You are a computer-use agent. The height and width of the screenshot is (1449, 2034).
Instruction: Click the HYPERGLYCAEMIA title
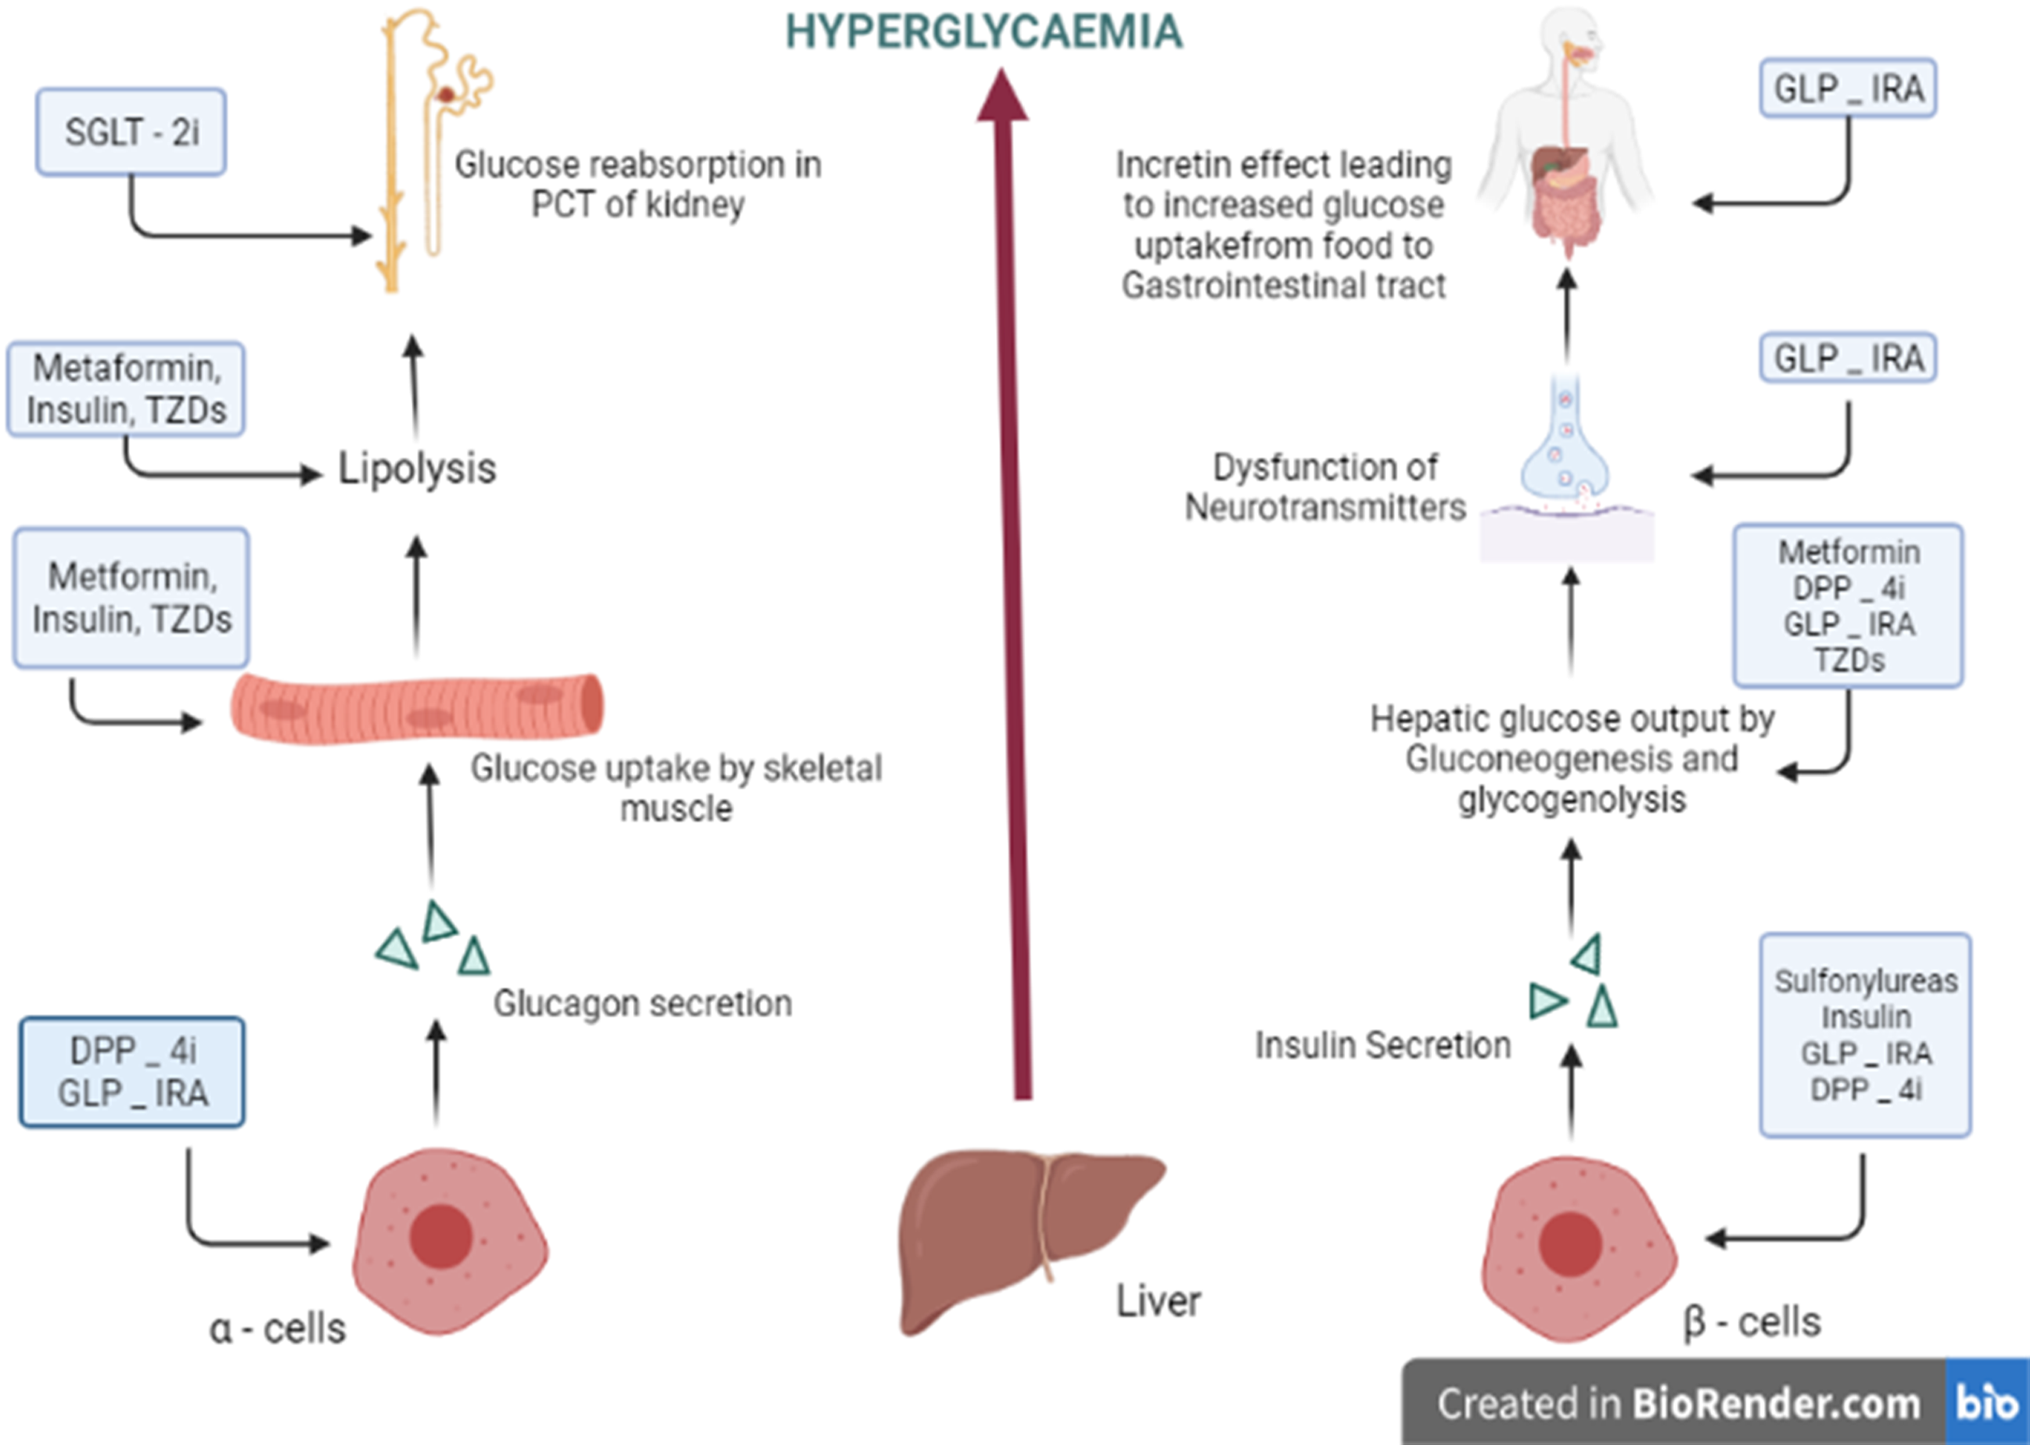tap(983, 32)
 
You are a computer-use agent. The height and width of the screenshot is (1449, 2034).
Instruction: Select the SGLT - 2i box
tap(131, 132)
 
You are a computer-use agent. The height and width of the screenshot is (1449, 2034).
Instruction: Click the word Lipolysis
tap(417, 469)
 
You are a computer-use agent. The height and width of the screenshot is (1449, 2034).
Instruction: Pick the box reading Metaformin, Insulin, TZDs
tap(126, 389)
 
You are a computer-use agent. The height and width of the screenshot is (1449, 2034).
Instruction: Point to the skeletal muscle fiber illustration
tap(417, 706)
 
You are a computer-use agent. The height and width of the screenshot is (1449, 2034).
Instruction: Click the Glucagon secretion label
tap(642, 1003)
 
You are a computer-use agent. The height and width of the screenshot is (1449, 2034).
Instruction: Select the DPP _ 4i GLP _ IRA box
tap(132, 1072)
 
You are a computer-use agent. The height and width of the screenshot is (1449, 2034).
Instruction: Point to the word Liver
tap(1158, 1301)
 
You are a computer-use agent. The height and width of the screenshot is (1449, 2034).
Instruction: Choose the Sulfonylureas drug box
tap(1864, 1035)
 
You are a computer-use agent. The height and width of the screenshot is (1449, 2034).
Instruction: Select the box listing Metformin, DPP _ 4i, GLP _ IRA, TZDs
tap(1848, 606)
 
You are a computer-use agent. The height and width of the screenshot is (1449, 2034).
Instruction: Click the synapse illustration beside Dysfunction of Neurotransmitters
tap(1566, 464)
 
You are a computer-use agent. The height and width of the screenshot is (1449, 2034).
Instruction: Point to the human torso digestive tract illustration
tap(1565, 134)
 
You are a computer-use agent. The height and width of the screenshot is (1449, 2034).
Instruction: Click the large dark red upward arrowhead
tap(1003, 96)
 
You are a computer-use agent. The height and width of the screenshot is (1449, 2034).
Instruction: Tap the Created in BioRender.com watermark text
tap(1677, 1404)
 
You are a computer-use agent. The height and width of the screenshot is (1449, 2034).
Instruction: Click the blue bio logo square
tap(1987, 1403)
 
